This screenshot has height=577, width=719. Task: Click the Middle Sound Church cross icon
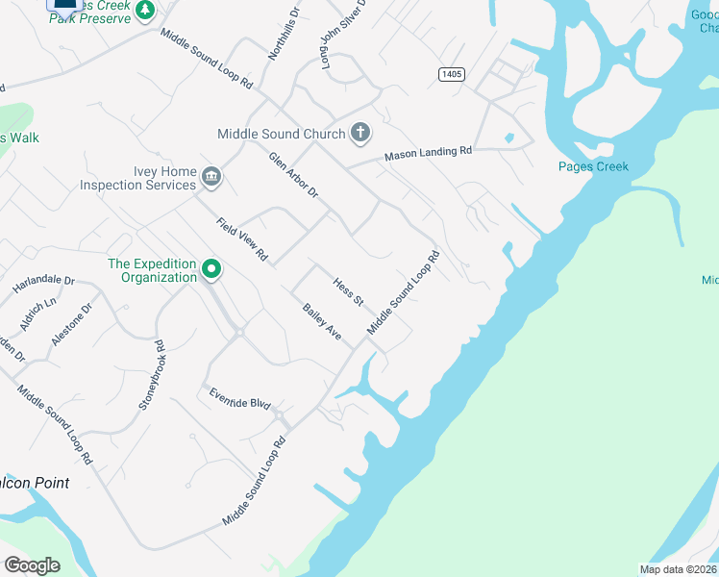coord(360,133)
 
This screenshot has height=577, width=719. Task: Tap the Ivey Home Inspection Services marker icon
coord(211,177)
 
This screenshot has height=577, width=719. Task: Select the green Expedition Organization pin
coord(211,271)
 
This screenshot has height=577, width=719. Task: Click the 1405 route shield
coord(450,74)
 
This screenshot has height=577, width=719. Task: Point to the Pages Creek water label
coord(593,166)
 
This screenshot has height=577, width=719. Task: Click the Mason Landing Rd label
coord(429,152)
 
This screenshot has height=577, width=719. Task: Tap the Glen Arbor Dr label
coord(293,175)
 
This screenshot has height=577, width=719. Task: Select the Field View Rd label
coord(241,240)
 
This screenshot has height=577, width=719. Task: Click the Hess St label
coord(347,292)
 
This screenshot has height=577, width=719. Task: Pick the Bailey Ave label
coord(322,321)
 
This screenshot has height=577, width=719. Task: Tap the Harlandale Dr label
coord(43,285)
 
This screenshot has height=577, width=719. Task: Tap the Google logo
coord(33,565)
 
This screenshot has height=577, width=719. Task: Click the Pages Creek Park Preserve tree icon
coord(144,11)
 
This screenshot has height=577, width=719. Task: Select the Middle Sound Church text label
coord(281,134)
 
